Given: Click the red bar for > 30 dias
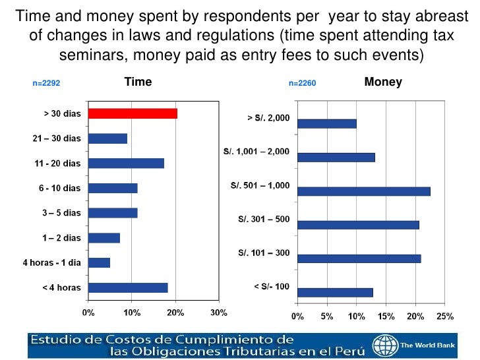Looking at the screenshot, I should tap(133, 113).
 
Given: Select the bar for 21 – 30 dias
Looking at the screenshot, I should tap(107, 138).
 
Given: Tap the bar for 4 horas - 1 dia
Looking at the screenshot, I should tap(99, 262).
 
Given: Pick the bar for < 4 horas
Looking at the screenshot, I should tap(128, 287).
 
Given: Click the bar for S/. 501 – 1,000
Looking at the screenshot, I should tap(363, 191).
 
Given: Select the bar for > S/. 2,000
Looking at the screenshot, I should tap(326, 123).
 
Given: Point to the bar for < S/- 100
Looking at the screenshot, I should tap(335, 292).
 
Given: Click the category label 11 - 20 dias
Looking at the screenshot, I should tap(58, 163).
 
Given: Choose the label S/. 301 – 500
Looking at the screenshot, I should tap(264, 220).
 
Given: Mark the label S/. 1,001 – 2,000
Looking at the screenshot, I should tap(256, 152).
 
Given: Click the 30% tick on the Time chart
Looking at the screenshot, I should tap(219, 312).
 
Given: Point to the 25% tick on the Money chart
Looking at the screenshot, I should tap(445, 316).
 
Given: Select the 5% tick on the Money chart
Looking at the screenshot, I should tap(326, 316).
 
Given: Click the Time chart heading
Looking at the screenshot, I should tap(138, 82).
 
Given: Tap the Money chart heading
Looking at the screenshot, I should tap(383, 82).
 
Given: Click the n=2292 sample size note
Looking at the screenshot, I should tap(47, 84).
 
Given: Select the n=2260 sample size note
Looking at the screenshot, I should tap(303, 84).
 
